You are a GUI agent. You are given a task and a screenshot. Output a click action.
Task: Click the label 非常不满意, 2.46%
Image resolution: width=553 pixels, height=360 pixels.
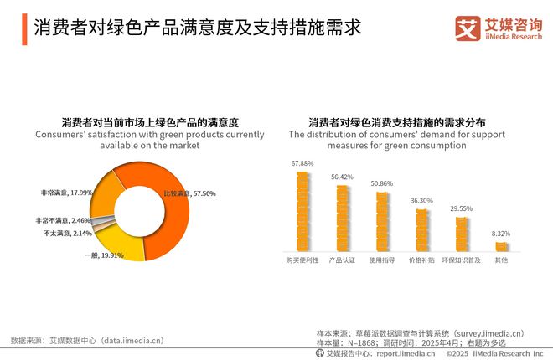tap(63, 220)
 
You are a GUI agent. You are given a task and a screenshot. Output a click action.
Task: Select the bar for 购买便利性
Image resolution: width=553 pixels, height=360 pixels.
tap(302, 211)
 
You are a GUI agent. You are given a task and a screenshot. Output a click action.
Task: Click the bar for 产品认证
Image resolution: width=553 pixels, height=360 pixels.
tap(343, 218)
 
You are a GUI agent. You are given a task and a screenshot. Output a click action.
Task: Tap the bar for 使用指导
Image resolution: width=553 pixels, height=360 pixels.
tap(382, 222)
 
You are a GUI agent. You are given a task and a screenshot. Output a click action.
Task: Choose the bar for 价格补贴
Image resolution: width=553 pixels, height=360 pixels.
tap(421, 230)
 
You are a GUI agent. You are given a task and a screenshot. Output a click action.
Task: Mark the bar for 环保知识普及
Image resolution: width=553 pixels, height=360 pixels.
tap(462, 234)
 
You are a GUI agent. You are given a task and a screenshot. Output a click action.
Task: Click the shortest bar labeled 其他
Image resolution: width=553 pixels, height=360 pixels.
tap(501, 247)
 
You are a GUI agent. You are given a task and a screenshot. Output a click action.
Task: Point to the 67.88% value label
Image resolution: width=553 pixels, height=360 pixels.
tap(302, 163)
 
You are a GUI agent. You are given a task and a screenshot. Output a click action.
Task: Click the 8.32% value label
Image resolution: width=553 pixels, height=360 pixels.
tap(501, 234)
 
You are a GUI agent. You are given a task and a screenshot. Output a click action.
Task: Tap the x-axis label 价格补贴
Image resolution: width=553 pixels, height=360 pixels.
tap(421, 260)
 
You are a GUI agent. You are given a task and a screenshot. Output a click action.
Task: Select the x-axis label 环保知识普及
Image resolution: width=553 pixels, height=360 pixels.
tap(462, 260)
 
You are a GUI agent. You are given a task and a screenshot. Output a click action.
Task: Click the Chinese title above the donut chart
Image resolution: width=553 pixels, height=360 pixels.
tap(150, 121)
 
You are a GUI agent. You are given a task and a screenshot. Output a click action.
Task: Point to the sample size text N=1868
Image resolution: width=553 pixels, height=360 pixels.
tap(366, 343)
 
